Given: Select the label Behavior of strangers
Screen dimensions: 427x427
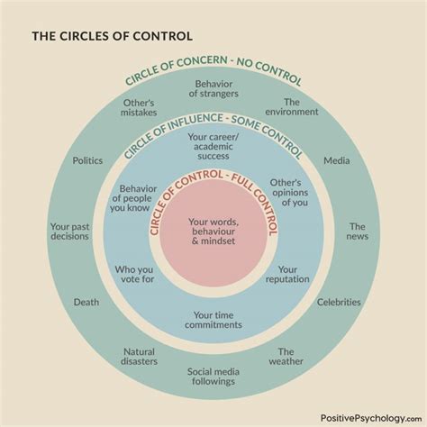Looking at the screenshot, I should pos(213,90).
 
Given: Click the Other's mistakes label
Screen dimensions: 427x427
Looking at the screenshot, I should pos(139,108).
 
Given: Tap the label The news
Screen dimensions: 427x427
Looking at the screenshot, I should pos(358,232).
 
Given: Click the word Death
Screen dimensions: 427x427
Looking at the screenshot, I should pos(86,303).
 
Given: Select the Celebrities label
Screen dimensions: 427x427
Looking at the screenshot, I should pos(339,303).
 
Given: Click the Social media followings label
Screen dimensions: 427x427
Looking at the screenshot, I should pos(213,376).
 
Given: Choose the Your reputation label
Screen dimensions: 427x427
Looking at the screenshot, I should pos(287,275).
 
